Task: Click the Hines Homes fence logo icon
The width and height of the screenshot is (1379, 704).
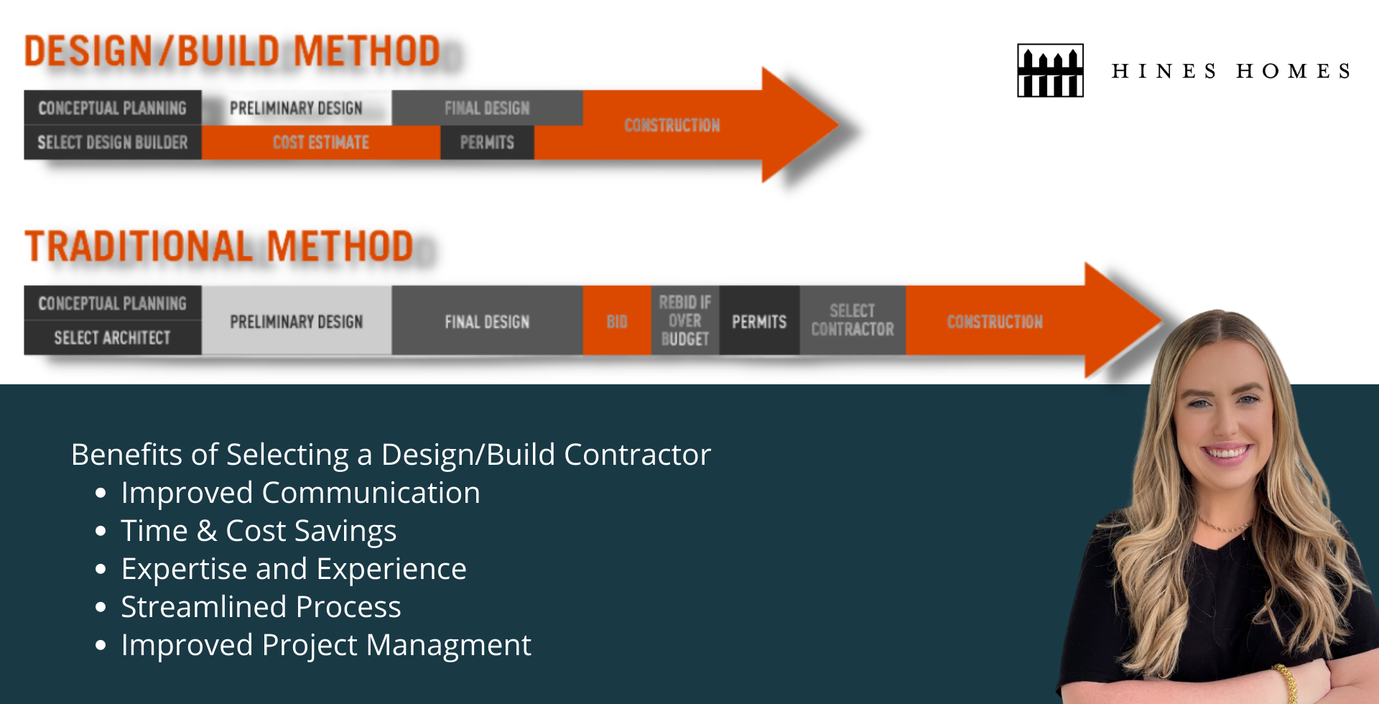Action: [1050, 70]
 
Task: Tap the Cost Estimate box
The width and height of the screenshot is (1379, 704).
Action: [320, 142]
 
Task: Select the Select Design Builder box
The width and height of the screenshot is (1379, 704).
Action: [113, 142]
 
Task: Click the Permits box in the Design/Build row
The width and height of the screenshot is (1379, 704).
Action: [487, 142]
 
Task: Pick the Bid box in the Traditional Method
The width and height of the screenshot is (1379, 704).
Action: [617, 321]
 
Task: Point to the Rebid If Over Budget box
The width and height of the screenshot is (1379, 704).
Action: [685, 320]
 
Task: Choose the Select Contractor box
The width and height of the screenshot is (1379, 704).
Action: [853, 320]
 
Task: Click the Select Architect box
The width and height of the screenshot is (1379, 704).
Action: [113, 338]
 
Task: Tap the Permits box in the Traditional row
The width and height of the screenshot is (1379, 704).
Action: [759, 321]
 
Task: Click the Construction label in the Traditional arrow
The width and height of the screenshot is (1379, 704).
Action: [995, 321]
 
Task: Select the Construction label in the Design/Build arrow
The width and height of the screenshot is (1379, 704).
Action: [672, 125]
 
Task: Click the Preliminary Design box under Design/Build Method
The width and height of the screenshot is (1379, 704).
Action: [296, 108]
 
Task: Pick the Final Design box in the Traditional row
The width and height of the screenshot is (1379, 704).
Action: [487, 321]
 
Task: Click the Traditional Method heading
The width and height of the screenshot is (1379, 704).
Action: [219, 246]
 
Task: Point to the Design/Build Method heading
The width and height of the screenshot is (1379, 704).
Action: [232, 52]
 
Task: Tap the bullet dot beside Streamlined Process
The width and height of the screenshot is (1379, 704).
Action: [101, 608]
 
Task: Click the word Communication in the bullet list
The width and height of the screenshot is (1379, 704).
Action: [371, 493]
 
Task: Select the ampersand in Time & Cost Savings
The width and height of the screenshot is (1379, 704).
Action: [207, 531]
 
